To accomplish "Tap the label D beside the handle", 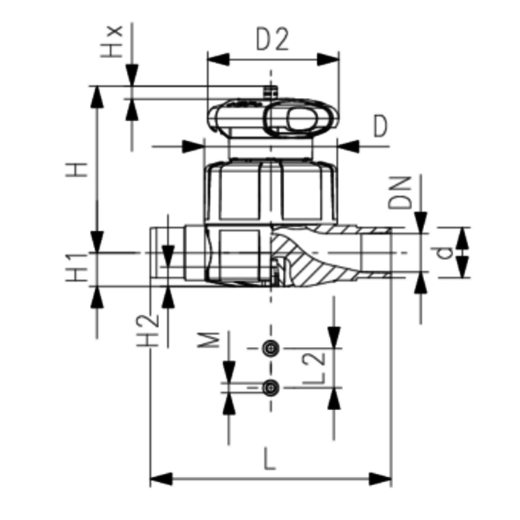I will [x=381, y=128].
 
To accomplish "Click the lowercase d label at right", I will [x=443, y=253].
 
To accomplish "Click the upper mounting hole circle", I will [x=272, y=348].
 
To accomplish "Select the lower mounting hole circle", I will [x=272, y=387].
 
